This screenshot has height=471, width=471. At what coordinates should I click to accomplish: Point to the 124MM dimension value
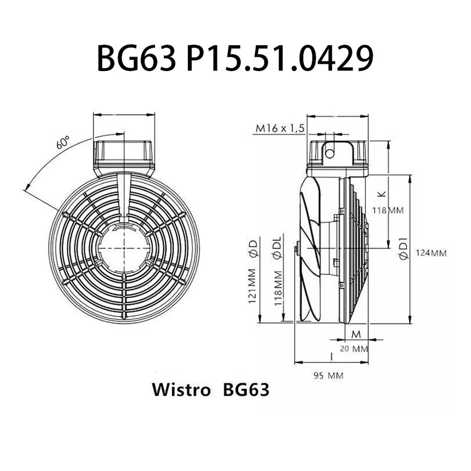tap(431, 253)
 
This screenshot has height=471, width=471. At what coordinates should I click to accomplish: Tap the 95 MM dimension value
tap(328, 376)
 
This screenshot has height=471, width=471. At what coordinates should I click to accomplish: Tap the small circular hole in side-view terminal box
tap(330, 154)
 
